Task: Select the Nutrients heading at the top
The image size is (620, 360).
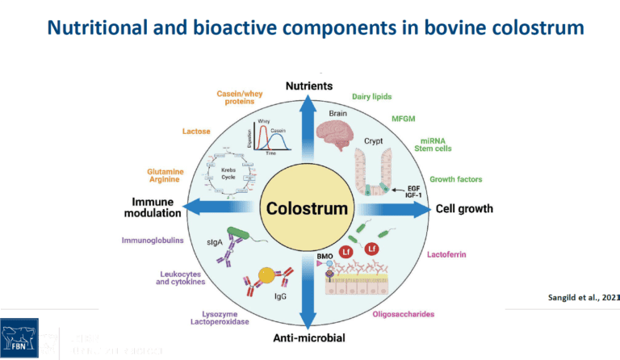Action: click(310, 86)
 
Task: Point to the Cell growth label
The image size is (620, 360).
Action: click(464, 208)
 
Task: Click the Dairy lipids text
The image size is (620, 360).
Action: click(371, 96)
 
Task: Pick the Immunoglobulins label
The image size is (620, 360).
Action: click(153, 240)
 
